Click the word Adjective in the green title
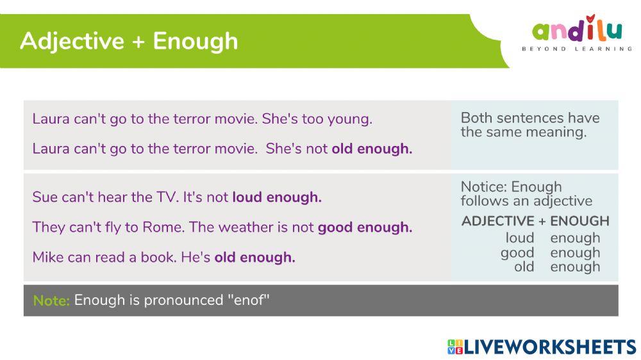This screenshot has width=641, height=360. (71, 41)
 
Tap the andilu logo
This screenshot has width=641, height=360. (577, 30)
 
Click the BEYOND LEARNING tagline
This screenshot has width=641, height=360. (577, 49)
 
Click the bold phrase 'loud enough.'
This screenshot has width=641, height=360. (277, 197)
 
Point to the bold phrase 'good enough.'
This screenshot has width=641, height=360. (365, 227)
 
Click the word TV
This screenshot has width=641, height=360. (166, 197)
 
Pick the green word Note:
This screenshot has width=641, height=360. (51, 300)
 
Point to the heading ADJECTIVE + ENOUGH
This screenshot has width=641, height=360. (535, 221)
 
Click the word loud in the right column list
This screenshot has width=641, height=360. (519, 238)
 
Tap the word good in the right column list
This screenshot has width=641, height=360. (517, 252)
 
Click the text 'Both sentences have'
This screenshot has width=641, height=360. (530, 118)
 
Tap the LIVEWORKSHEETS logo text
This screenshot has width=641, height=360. (550, 347)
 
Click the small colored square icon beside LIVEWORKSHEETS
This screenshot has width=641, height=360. (454, 347)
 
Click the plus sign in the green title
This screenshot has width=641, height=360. (138, 42)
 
